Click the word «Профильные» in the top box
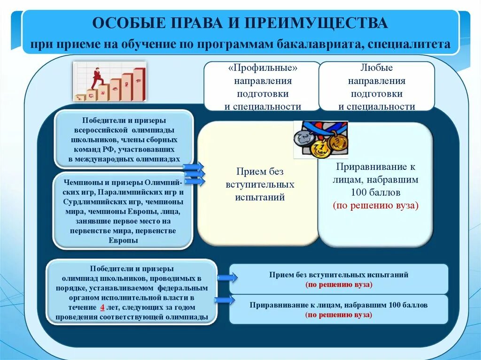click(263, 69)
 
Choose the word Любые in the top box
click(377, 69)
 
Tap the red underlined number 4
click(101, 307)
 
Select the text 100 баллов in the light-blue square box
click(376, 192)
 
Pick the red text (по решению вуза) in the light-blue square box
click(376, 205)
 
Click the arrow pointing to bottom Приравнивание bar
click(225, 300)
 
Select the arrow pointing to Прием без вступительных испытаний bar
click(227, 278)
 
